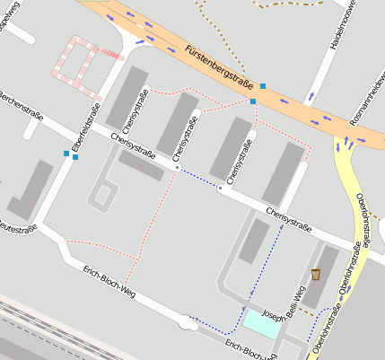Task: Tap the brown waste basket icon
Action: click(x=316, y=274)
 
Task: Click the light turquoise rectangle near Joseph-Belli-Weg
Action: click(x=260, y=324)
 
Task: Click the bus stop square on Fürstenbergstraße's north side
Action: click(x=263, y=86)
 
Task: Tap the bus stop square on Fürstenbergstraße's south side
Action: click(x=253, y=101)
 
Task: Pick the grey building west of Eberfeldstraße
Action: click(x=31, y=189)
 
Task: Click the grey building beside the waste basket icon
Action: click(x=324, y=274)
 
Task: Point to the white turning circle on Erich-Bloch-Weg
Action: click(x=186, y=321)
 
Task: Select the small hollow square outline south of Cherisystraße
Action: click(x=104, y=194)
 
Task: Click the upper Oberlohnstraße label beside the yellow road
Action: click(x=362, y=215)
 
